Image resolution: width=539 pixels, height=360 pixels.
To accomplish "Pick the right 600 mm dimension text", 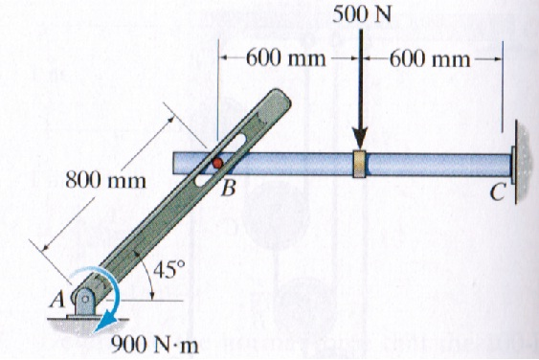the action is [429, 57].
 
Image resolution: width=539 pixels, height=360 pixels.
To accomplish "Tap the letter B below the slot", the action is [228, 189].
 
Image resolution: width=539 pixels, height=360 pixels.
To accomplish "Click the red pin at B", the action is [219, 163].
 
